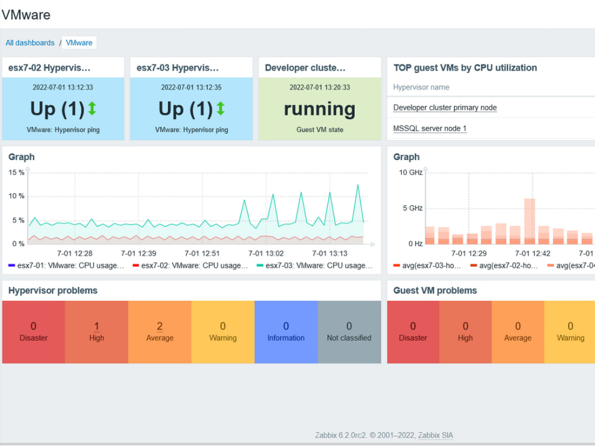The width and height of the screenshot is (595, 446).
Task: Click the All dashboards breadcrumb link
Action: click(x=30, y=43)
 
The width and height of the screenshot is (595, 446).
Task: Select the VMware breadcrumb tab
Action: click(x=79, y=43)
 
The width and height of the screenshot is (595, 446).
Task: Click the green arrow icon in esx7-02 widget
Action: click(x=92, y=108)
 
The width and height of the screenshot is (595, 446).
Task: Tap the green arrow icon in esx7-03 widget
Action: click(x=220, y=108)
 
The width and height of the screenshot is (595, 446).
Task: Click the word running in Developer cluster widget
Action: click(x=320, y=109)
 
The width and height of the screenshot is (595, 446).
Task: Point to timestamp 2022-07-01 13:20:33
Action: click(x=320, y=87)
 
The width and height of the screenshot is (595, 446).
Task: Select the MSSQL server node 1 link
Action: click(x=430, y=128)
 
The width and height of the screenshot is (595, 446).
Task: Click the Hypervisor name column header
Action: click(x=421, y=87)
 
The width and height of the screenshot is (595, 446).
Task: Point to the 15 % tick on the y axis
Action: click(x=16, y=172)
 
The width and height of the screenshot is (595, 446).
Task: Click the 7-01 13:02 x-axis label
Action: click(x=266, y=253)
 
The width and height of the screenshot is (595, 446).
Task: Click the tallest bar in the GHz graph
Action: click(x=530, y=220)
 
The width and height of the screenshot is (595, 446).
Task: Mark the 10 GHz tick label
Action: click(x=411, y=172)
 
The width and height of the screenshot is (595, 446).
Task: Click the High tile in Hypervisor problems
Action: click(x=96, y=332)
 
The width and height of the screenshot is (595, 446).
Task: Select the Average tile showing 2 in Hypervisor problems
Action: click(x=159, y=332)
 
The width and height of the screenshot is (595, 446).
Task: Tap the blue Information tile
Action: click(x=286, y=332)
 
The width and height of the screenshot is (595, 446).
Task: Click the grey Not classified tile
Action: click(x=349, y=332)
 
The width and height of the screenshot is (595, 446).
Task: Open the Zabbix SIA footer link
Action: click(x=435, y=435)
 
